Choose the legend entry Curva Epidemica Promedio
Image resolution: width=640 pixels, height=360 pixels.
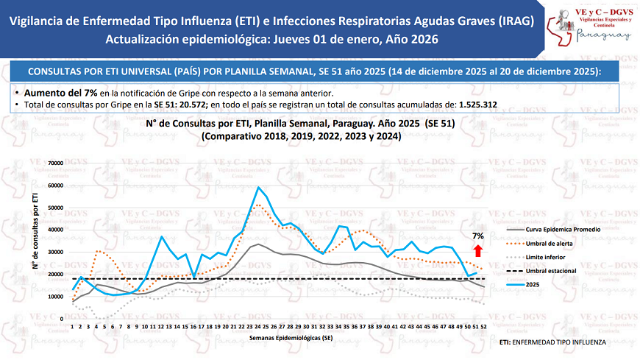[x=569, y=230]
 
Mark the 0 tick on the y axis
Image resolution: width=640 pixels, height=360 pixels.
[x=63, y=319]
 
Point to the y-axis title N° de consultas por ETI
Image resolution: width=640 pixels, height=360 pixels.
[x=35, y=230]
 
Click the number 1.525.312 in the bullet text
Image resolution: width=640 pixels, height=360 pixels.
[x=477, y=105]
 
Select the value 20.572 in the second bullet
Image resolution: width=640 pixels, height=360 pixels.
[x=192, y=105]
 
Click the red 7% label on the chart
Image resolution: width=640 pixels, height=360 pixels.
[x=478, y=236]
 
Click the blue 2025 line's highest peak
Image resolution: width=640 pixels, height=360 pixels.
[x=257, y=187]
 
